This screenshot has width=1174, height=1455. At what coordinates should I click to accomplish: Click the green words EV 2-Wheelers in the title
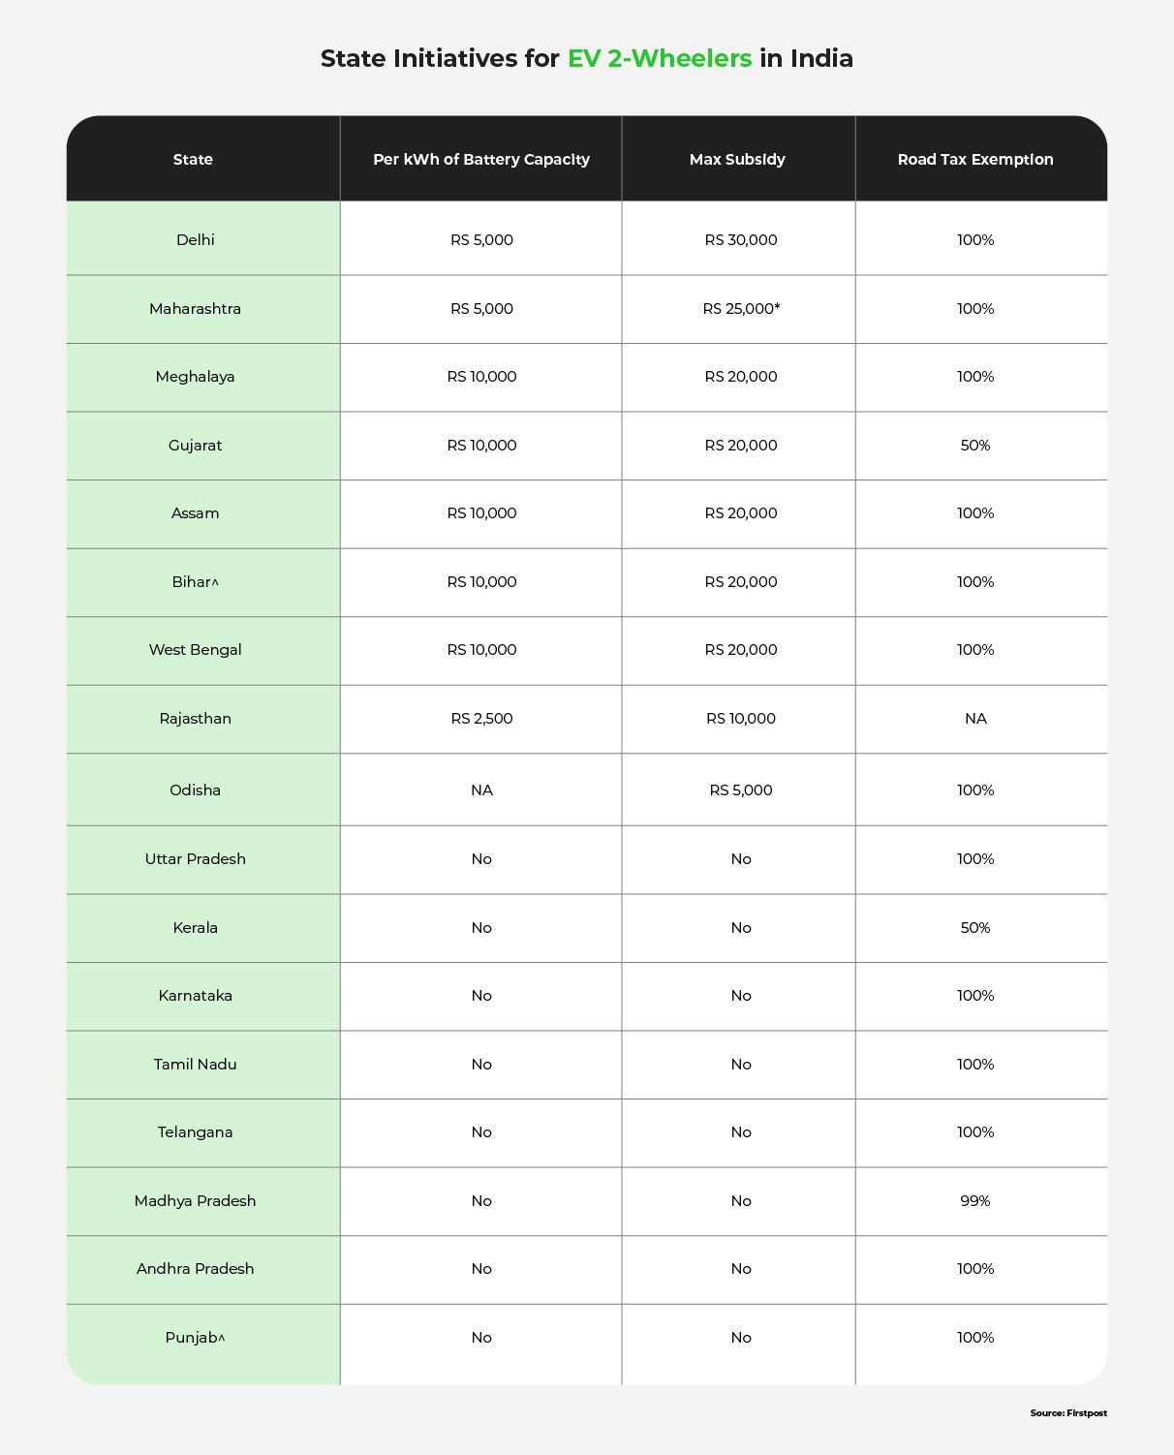(660, 59)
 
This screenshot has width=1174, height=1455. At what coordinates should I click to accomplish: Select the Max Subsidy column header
(737, 160)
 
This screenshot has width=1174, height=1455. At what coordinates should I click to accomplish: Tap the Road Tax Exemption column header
(975, 160)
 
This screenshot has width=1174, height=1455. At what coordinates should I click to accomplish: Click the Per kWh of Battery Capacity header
(481, 160)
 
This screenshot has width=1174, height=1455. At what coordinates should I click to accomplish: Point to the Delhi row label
(196, 240)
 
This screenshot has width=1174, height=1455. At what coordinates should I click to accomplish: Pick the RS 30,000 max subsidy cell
(741, 240)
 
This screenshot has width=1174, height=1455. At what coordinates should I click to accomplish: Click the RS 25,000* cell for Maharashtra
(741, 309)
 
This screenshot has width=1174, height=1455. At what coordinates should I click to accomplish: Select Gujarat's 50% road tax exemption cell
(975, 446)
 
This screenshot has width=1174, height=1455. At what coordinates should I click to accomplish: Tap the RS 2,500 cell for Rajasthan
(481, 719)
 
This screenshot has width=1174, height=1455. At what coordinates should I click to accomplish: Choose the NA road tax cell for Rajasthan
(975, 719)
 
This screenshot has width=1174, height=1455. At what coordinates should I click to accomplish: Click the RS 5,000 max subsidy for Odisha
(741, 790)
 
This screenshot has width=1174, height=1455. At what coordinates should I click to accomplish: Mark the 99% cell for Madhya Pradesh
(975, 1201)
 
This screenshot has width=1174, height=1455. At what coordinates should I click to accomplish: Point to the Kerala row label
(196, 928)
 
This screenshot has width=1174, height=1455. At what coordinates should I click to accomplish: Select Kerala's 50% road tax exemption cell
(975, 928)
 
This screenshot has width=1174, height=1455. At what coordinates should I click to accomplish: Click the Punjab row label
(195, 1338)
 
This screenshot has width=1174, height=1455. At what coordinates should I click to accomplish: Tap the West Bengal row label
(196, 650)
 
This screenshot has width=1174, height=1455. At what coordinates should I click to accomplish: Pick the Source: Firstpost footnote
(1068, 1413)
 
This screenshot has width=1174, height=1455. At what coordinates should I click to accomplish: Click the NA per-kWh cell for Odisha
(481, 790)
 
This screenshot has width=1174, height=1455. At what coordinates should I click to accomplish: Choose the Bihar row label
(195, 582)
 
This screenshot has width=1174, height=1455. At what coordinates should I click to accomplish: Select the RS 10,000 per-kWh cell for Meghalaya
(481, 377)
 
